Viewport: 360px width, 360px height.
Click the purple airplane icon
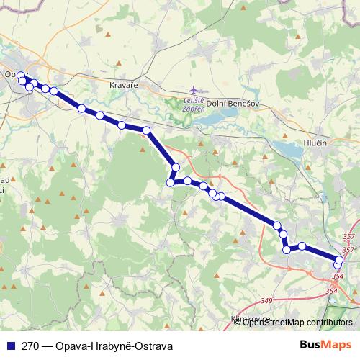(x=199, y=91)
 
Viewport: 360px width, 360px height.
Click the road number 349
(x=268, y=300)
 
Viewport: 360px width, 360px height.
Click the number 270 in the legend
(x=30, y=346)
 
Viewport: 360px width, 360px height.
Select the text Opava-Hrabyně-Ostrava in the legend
(x=113, y=346)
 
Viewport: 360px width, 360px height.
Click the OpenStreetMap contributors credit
(x=297, y=323)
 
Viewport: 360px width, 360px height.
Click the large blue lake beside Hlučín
(x=287, y=150)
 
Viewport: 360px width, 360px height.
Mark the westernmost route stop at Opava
(x=21, y=76)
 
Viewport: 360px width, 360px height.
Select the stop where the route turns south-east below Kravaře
(x=146, y=130)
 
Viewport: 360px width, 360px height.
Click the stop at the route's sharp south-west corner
(x=171, y=183)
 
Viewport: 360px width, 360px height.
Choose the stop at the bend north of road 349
(x=287, y=250)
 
